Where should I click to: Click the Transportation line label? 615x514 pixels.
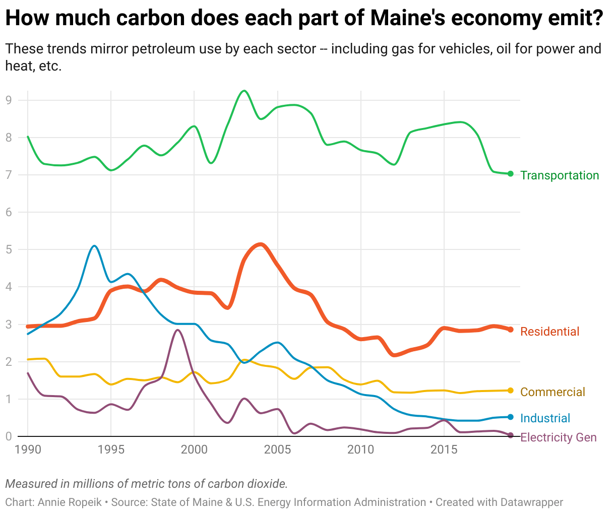point(560,175)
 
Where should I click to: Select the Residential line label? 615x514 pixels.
point(549,332)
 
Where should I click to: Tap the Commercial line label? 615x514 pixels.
point(552,392)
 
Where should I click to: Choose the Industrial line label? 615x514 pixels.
point(545,418)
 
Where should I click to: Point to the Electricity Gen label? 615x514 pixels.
point(558,437)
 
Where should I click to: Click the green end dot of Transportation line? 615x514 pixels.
point(510,174)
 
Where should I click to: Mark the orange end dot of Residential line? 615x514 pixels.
point(510,330)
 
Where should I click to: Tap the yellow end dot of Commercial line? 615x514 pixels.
point(510,391)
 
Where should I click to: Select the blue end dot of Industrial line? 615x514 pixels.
point(510,417)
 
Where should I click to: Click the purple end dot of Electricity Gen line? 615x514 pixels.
point(510,435)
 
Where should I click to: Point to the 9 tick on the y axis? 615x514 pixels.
point(8,100)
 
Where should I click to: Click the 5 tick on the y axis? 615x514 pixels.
point(8,249)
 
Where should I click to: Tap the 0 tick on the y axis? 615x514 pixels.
point(8,436)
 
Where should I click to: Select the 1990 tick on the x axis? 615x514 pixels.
point(28,449)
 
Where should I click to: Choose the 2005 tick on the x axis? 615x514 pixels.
point(277,449)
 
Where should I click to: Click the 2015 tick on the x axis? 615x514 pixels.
point(444,449)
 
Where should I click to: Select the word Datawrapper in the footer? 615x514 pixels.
point(532,502)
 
